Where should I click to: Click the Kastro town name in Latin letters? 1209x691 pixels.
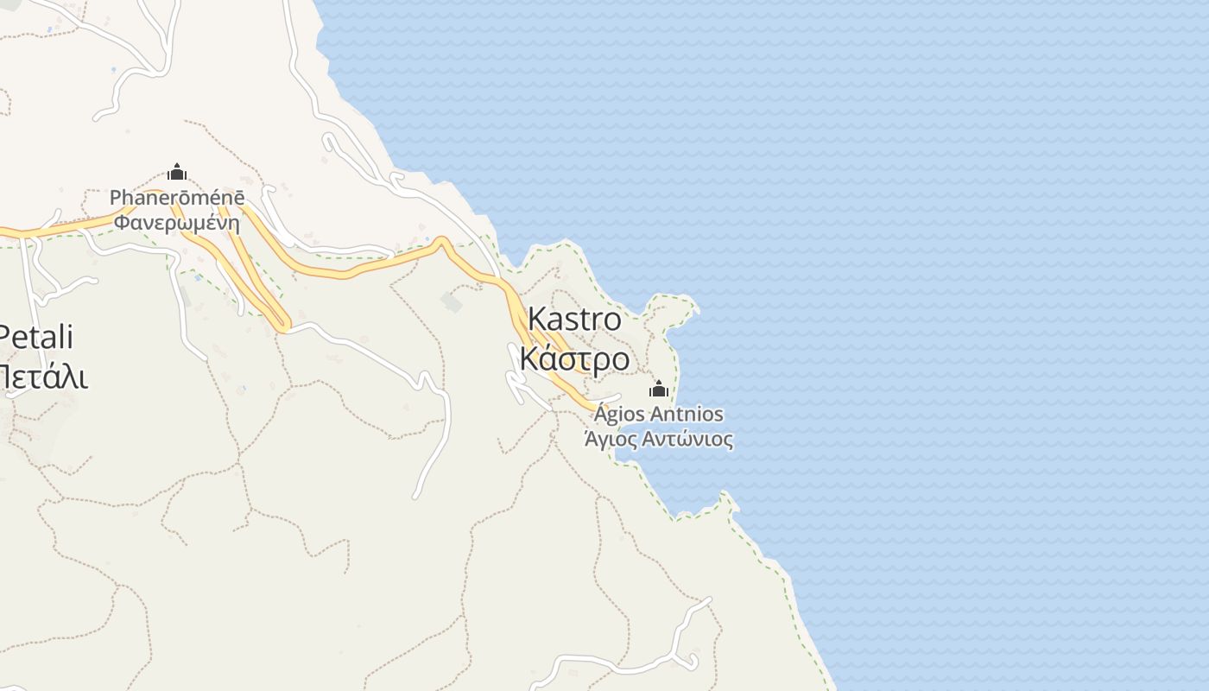(574, 320)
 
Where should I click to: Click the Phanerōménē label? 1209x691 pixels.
(177, 198)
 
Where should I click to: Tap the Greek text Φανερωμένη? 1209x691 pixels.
(177, 222)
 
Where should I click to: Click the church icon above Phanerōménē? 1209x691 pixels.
(177, 172)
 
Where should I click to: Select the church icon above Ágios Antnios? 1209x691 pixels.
(659, 389)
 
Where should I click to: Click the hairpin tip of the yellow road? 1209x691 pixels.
(282, 326)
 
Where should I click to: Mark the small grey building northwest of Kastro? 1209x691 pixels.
(451, 301)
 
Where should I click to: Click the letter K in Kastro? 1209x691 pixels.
(536, 320)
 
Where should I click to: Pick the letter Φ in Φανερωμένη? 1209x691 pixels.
(123, 222)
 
